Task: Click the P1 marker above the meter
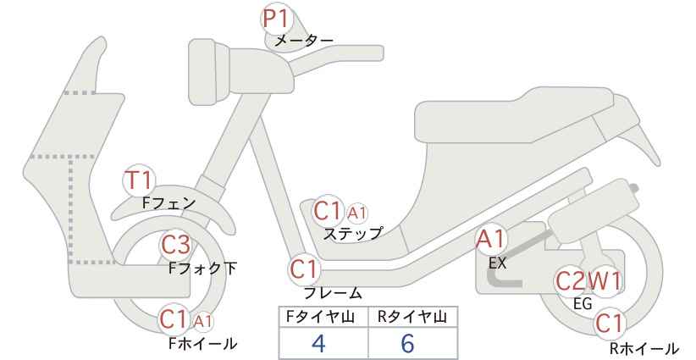(x=277, y=19)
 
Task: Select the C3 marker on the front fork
(x=176, y=245)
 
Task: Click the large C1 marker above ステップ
(x=328, y=211)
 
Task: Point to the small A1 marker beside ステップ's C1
(x=356, y=213)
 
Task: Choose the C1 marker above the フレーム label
(x=305, y=269)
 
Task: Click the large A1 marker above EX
(x=491, y=241)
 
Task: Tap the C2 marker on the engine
(x=571, y=281)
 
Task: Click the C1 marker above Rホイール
(x=609, y=324)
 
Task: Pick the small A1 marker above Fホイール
(x=203, y=321)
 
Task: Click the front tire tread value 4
(x=318, y=343)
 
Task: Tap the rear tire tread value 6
(x=407, y=343)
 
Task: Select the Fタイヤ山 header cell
(x=323, y=318)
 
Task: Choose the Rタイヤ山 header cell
(x=413, y=318)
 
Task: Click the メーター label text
(x=304, y=41)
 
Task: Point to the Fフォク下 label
(x=203, y=269)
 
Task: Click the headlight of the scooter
(x=209, y=71)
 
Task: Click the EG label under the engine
(x=583, y=304)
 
